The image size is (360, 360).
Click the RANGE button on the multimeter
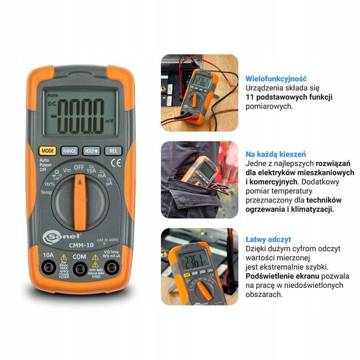tap(70, 151)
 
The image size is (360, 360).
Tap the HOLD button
tap(91, 151)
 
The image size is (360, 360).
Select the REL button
tap(113, 151)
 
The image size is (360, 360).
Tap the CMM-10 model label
tap(79, 245)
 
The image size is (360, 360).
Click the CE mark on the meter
tap(119, 162)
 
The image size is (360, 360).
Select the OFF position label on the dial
tap(79, 167)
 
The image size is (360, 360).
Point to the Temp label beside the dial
tap(46, 193)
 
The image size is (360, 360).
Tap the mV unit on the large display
tap(108, 120)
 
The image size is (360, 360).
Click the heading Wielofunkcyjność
tap(276, 78)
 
